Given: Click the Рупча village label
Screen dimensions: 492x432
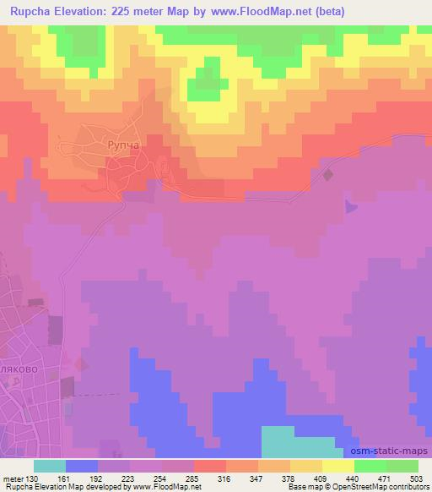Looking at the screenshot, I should pyautogui.click(x=122, y=146).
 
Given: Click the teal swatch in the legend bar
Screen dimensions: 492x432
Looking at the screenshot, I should pyautogui.click(x=50, y=466).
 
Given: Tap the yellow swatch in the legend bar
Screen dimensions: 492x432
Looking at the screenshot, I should pyautogui.click(x=337, y=466).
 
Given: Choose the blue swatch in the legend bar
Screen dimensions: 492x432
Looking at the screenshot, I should pyautogui.click(x=82, y=466).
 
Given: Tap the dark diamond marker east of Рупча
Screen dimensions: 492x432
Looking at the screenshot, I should pyautogui.click(x=328, y=175).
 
